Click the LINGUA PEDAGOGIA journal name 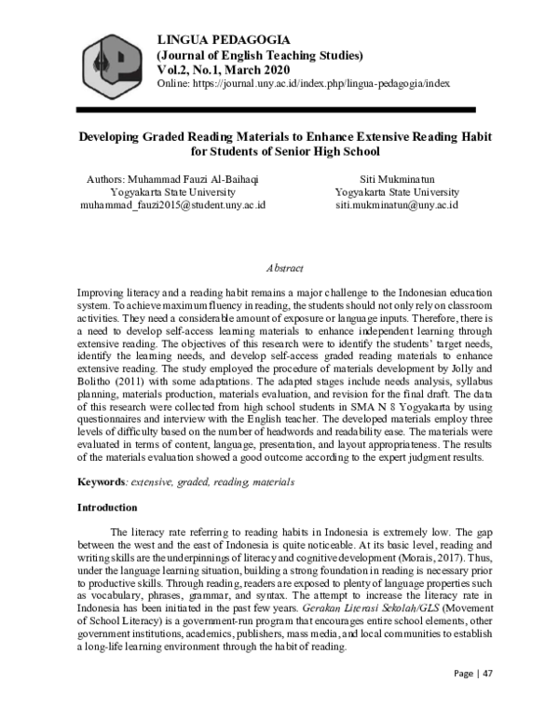225,38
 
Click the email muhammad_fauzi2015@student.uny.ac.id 172,204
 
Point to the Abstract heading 284,269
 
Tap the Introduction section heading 107,508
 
